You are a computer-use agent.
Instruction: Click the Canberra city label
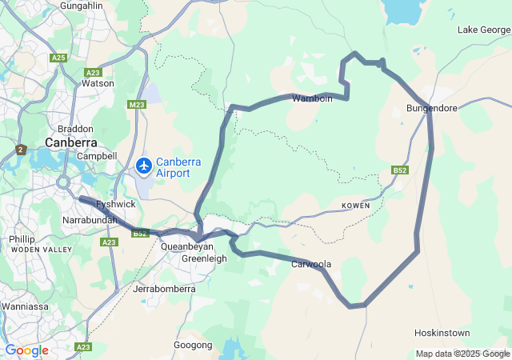pos(70,142)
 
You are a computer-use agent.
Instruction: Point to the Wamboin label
pos(311,98)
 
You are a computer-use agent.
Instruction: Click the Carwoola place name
pos(310,263)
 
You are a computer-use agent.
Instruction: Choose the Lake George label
pos(483,30)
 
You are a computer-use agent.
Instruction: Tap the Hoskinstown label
pos(442,332)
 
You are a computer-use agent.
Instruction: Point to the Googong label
pos(193,345)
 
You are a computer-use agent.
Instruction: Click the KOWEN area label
pos(355,206)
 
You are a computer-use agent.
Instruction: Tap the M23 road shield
pos(137,104)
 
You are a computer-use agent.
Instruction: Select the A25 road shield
pos(58,58)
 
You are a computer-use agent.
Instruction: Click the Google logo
pos(26,350)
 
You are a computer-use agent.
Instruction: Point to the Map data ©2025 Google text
pos(462,354)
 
